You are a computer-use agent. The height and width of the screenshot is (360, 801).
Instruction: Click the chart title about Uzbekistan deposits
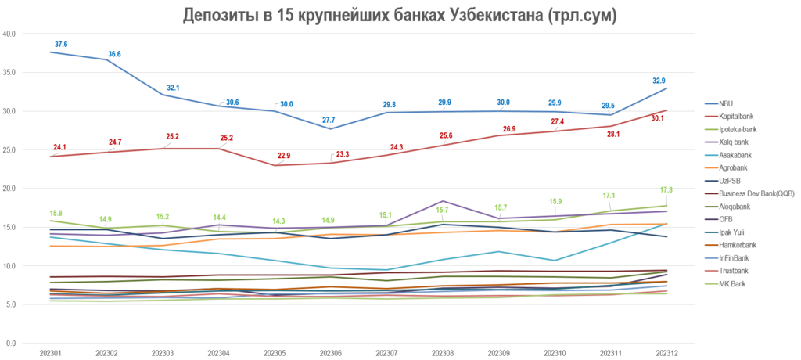pyautogui.click(x=399, y=15)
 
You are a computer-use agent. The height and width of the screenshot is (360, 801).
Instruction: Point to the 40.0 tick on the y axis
pyautogui.click(x=11, y=34)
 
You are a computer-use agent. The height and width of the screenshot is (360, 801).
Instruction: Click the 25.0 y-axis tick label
pyautogui.click(x=11, y=149)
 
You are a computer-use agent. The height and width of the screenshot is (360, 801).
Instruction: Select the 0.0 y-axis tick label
pyautogui.click(x=11, y=344)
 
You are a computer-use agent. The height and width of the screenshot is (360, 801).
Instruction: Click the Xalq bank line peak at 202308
pyautogui.click(x=442, y=201)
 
